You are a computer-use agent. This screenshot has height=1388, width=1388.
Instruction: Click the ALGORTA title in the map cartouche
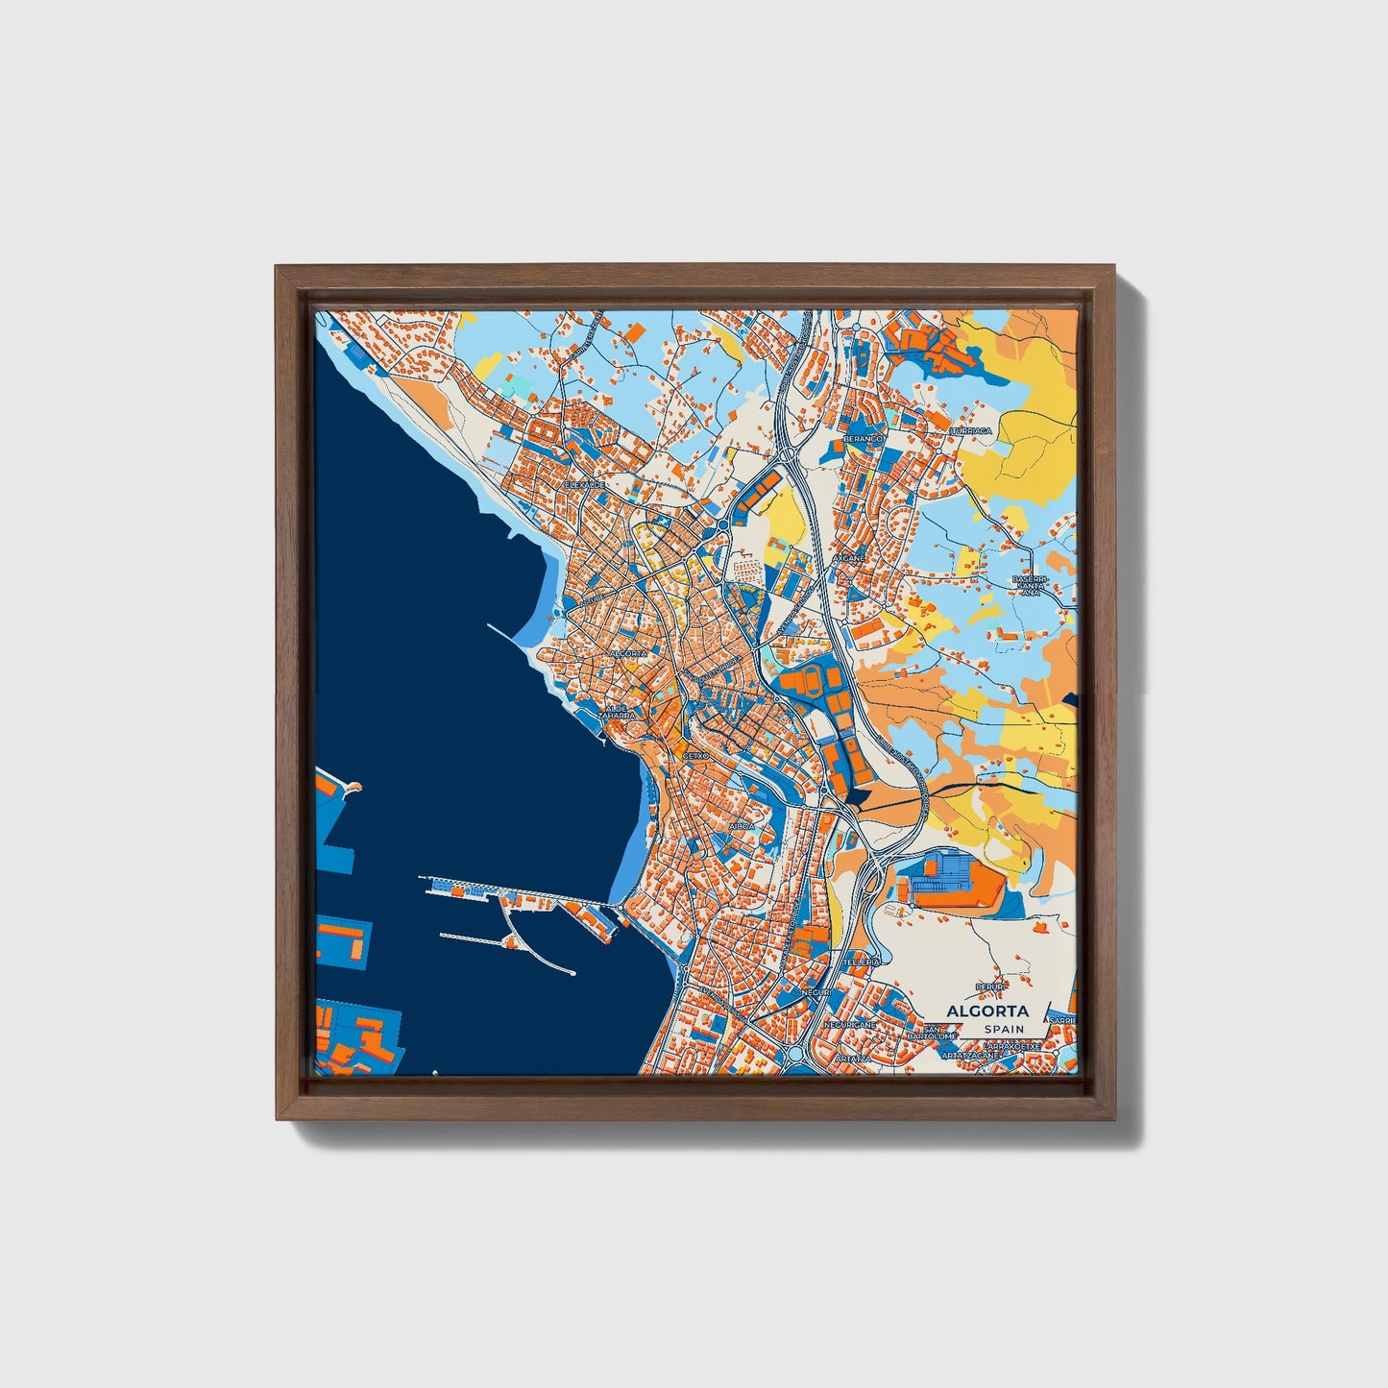click(986, 1011)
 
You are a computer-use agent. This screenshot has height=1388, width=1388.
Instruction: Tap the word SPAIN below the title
click(1004, 1030)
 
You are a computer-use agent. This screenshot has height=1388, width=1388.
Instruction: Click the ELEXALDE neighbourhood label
click(585, 485)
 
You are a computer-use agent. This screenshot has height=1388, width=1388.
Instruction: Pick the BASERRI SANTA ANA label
click(1030, 586)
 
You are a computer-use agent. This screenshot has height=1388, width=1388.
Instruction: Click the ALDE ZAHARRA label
click(616, 712)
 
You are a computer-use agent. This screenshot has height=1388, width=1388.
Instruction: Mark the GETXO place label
click(694, 756)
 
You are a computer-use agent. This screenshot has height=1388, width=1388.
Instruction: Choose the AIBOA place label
click(743, 826)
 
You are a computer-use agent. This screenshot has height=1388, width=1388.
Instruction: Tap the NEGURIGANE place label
click(850, 1025)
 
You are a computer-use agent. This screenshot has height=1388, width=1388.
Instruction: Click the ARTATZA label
click(852, 1058)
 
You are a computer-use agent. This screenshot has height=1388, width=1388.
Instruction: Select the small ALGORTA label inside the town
click(628, 653)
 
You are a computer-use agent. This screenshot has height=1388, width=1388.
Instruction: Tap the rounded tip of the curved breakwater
click(572, 974)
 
